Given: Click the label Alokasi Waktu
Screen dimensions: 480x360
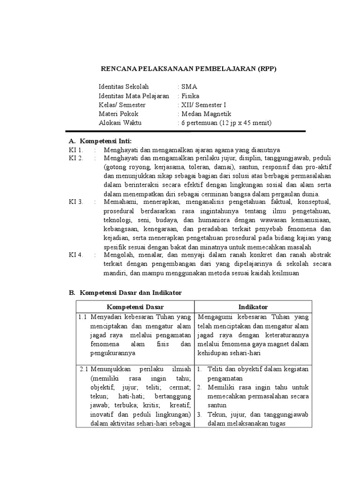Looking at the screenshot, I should coord(120,123).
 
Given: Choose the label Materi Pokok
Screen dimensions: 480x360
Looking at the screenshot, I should coord(119,114).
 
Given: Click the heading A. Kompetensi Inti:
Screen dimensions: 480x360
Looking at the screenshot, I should coord(100,141).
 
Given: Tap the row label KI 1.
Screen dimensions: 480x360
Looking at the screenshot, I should coord(75,150).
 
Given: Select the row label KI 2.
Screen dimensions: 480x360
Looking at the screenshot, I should coord(75,158).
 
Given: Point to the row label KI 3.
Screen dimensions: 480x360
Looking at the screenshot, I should coord(75,202).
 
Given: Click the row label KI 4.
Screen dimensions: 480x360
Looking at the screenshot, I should coord(75,255).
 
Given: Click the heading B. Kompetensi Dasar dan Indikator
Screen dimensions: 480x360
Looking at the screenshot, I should coord(125,292).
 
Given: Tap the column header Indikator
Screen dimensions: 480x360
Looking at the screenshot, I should coord(253,307).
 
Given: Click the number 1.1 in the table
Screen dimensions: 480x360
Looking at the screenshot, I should coord(83,317).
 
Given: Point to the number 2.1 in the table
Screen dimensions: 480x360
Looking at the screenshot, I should coord(83,369).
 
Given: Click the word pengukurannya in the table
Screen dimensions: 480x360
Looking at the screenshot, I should coord(113,353).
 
